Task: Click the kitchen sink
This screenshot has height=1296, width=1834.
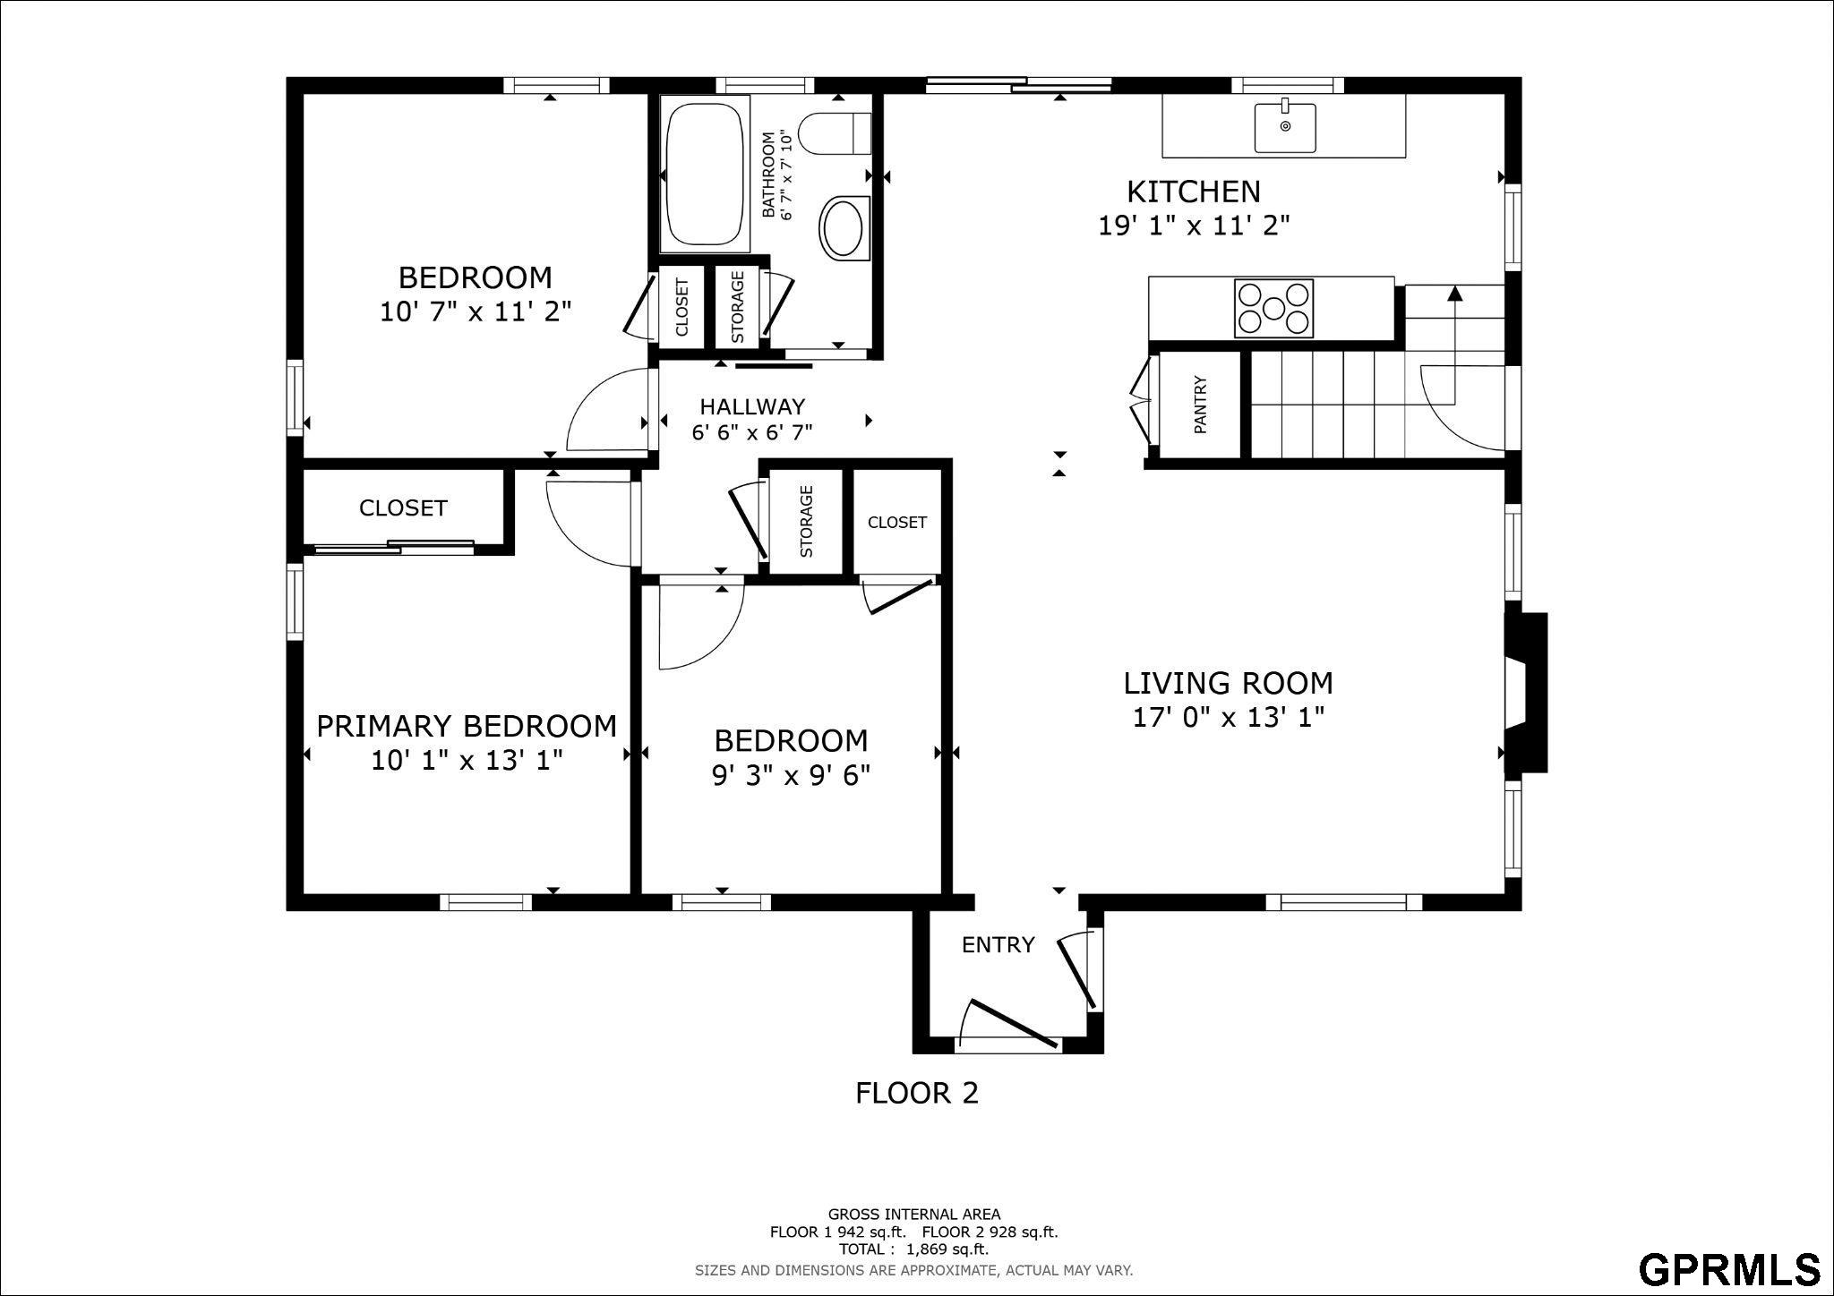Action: click(x=1285, y=127)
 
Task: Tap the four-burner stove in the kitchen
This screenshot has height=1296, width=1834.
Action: click(x=1273, y=309)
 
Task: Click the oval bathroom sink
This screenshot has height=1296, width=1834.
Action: click(x=844, y=227)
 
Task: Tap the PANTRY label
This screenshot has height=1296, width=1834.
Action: click(x=1200, y=405)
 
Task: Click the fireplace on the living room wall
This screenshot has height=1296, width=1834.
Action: click(x=1526, y=692)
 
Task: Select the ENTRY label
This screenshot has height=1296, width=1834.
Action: click(x=998, y=945)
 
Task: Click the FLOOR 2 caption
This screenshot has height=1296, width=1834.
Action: click(x=917, y=1093)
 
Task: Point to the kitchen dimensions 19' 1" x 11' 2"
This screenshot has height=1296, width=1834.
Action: click(x=1194, y=226)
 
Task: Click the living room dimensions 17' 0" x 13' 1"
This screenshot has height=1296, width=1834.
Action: click(x=1229, y=718)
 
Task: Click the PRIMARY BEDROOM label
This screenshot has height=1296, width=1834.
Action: click(x=467, y=726)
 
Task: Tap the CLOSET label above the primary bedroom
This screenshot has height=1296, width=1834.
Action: click(x=403, y=508)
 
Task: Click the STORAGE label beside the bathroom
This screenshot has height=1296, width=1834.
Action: click(x=738, y=307)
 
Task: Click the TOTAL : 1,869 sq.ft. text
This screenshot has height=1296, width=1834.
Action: click(x=913, y=1249)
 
